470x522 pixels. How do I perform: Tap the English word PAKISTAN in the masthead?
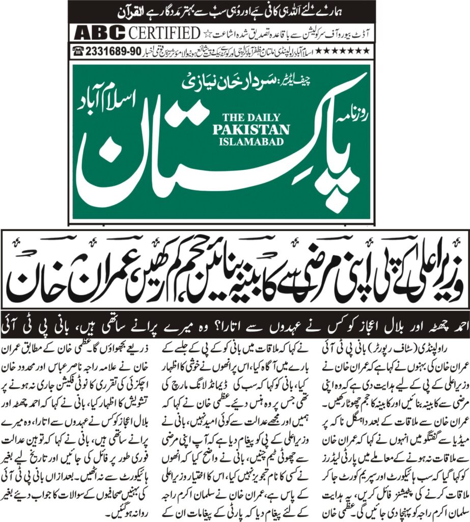[x=251, y=129]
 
